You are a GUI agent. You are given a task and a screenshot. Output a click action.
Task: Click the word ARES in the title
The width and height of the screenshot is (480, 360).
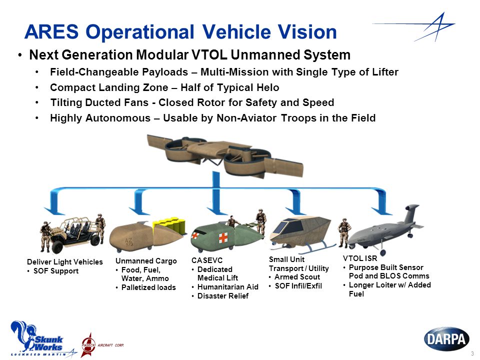[51, 31]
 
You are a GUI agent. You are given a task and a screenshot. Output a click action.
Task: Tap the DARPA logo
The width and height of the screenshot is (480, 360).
[446, 339]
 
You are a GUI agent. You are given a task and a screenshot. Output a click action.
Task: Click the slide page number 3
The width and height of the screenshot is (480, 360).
[472, 353]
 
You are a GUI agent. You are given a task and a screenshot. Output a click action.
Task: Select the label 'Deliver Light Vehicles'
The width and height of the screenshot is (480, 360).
[65, 262]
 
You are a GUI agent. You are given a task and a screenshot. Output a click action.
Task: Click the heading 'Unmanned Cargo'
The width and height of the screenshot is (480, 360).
[146, 261]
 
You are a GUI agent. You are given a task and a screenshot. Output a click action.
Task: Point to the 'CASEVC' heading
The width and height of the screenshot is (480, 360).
[207, 260]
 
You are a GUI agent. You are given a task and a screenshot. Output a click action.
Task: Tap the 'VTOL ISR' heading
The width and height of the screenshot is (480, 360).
[360, 258]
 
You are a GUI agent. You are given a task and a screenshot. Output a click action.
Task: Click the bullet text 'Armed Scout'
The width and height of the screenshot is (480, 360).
[297, 277]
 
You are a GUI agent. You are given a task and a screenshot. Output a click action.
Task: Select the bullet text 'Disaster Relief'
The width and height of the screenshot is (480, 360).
[223, 296]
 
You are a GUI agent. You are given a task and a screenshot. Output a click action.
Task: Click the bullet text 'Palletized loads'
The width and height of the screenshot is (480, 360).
[148, 287]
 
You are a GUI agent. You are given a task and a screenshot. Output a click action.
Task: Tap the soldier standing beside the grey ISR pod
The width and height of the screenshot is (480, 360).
[344, 232]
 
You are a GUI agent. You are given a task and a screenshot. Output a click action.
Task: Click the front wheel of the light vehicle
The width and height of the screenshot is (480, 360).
[57, 246]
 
